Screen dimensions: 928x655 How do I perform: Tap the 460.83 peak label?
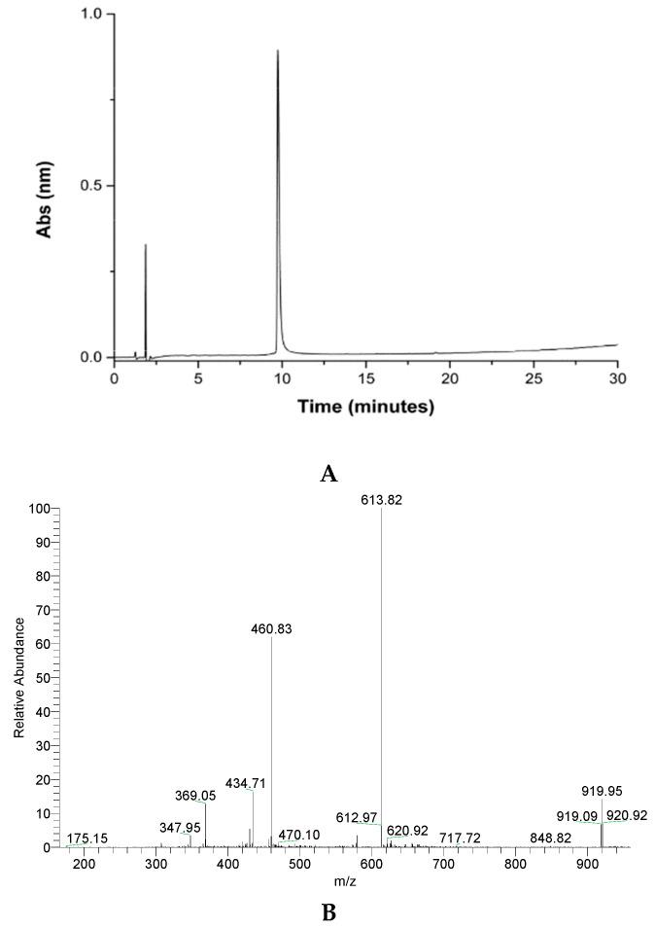point(271,629)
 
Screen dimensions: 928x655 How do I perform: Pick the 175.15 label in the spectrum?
point(87,839)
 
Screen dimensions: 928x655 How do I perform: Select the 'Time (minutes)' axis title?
point(365,407)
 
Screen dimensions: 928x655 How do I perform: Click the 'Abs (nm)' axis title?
point(44,186)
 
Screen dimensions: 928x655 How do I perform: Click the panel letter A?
point(328,474)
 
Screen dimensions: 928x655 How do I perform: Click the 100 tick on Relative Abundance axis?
point(40,509)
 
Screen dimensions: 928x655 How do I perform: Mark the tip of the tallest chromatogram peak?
point(278,51)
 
